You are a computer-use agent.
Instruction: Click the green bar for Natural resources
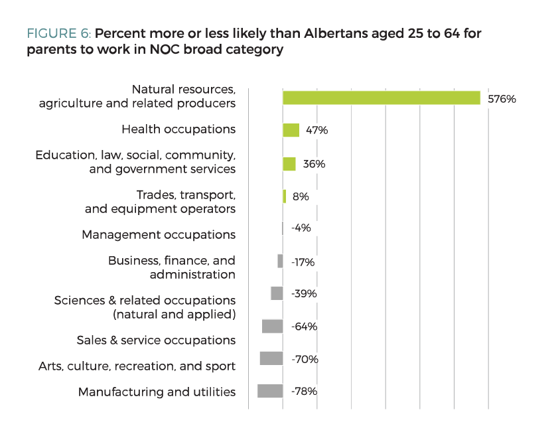tap(382, 98)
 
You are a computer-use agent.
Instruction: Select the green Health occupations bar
tap(291, 130)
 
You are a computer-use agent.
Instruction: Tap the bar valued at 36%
tap(289, 164)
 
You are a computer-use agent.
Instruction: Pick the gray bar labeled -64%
tap(272, 327)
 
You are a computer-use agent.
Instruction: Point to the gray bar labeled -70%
tap(271, 358)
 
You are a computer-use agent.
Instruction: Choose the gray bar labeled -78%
tap(270, 391)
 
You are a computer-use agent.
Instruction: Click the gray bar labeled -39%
tap(277, 293)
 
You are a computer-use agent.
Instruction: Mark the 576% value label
tap(502, 99)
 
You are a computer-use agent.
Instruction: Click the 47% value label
tap(316, 131)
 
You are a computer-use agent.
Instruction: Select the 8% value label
tap(300, 196)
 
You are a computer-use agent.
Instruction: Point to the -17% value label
tap(303, 262)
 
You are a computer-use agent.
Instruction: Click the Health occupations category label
tap(178, 129)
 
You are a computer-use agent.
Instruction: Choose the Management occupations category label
tap(159, 235)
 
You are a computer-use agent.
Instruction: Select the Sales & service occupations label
tap(156, 340)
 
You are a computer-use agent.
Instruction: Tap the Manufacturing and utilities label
tap(157, 392)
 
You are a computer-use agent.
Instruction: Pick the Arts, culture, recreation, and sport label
tap(137, 366)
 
